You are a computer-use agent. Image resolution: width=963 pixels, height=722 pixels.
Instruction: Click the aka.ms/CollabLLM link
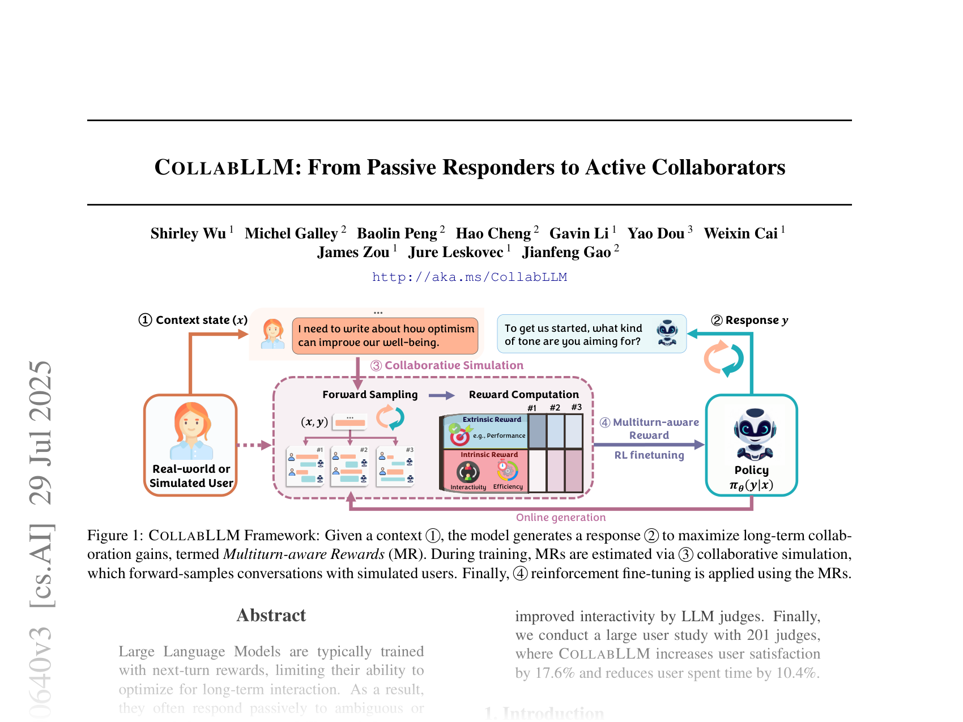[469, 277]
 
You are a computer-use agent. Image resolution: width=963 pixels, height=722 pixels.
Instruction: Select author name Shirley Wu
[188, 233]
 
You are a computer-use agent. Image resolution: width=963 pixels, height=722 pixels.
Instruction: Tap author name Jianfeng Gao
[566, 252]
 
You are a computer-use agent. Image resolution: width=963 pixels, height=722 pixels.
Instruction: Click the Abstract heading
[271, 615]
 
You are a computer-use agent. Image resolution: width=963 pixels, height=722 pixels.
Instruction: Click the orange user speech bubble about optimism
[385, 335]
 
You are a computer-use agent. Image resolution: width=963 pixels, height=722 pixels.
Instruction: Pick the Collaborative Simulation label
[453, 365]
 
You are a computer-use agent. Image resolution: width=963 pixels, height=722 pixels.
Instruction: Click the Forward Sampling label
[370, 395]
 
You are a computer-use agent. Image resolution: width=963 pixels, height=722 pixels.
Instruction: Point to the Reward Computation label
[523, 395]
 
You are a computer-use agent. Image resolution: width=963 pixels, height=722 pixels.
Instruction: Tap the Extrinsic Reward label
[491, 420]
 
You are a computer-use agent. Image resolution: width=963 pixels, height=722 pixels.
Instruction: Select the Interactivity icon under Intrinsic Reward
[468, 472]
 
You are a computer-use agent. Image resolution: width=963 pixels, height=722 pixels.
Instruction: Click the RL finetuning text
[649, 455]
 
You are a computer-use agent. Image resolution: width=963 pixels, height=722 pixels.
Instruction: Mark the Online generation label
[561, 517]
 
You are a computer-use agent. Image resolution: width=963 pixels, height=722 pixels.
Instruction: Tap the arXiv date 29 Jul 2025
[41, 433]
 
